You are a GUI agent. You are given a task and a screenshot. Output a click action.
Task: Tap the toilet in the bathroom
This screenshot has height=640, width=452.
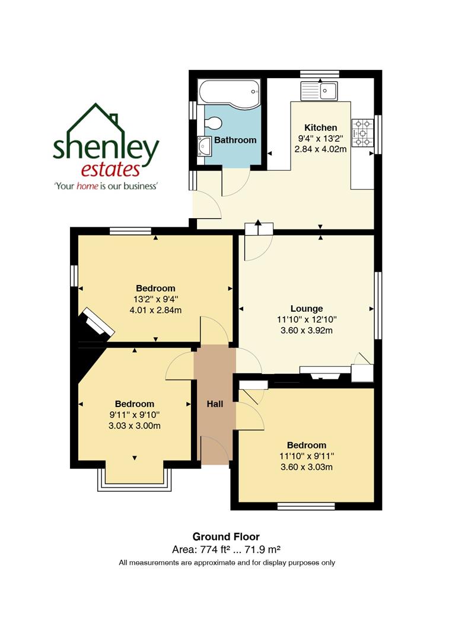pyautogui.click(x=212, y=123)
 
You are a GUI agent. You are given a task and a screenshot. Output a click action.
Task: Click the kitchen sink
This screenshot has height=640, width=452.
pyautogui.click(x=320, y=91)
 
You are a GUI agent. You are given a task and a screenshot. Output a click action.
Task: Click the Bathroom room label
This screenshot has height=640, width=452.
pyautogui.click(x=235, y=140)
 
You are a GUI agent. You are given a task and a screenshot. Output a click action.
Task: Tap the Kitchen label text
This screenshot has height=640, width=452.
pyautogui.click(x=320, y=127)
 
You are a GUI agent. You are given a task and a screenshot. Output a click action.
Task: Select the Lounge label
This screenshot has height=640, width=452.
pyautogui.click(x=307, y=308)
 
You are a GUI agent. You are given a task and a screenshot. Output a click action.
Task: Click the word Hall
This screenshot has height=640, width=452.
pyautogui.click(x=215, y=404)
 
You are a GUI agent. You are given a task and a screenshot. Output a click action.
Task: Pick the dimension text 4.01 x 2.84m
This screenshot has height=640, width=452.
pyautogui.click(x=155, y=310)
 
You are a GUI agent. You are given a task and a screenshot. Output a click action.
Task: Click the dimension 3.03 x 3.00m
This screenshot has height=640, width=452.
pyautogui.click(x=135, y=425)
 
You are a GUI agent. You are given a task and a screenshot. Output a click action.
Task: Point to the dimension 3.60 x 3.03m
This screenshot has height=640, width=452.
pyautogui.click(x=306, y=467)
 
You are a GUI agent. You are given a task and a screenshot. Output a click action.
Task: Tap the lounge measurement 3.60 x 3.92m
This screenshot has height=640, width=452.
pyautogui.click(x=307, y=330)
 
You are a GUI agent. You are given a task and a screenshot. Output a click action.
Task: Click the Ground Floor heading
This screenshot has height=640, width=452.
pyautogui.click(x=226, y=537)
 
